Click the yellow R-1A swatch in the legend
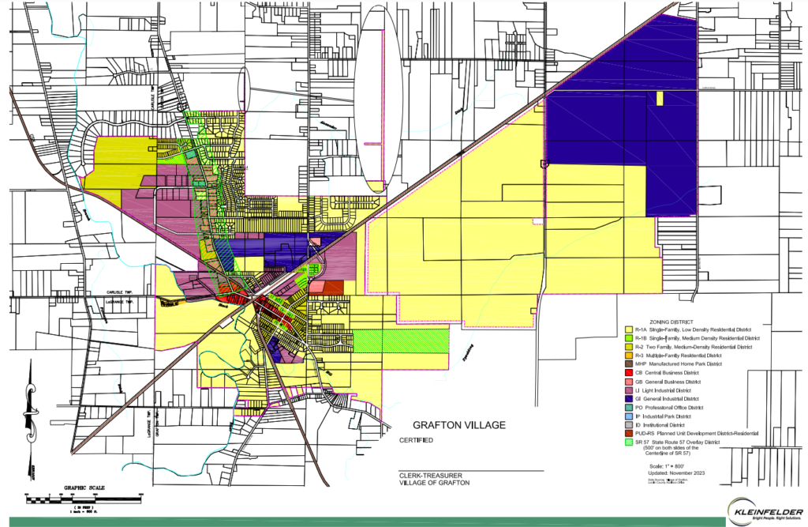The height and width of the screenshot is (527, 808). coord(628,329)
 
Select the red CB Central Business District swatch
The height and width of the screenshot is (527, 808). coord(628,372)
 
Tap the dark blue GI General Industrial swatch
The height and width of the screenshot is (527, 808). coord(628,398)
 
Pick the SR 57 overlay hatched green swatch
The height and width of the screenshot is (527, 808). coord(628,442)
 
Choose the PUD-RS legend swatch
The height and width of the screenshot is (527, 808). coord(628,433)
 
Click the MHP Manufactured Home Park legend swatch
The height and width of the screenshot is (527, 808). coord(628,363)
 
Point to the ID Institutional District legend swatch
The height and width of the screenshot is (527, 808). coord(628,424)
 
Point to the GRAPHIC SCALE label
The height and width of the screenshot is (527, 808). coord(79,487)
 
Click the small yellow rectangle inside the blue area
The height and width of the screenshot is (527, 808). coord(659,98)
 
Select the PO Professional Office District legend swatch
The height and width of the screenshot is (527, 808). coord(628,407)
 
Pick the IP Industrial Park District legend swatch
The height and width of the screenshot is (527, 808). coord(628,416)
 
